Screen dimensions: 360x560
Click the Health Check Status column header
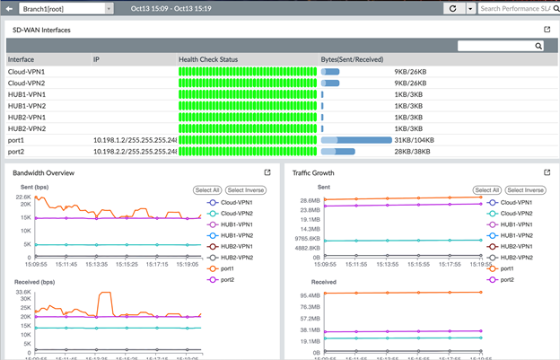coord(208,59)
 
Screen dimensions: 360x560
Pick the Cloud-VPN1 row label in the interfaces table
coord(26,71)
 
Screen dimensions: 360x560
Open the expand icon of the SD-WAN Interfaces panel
coord(547,30)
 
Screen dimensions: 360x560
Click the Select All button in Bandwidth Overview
coord(207,190)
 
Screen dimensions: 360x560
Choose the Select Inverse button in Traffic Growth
coord(525,190)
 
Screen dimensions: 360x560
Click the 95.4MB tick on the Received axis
coord(310,294)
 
